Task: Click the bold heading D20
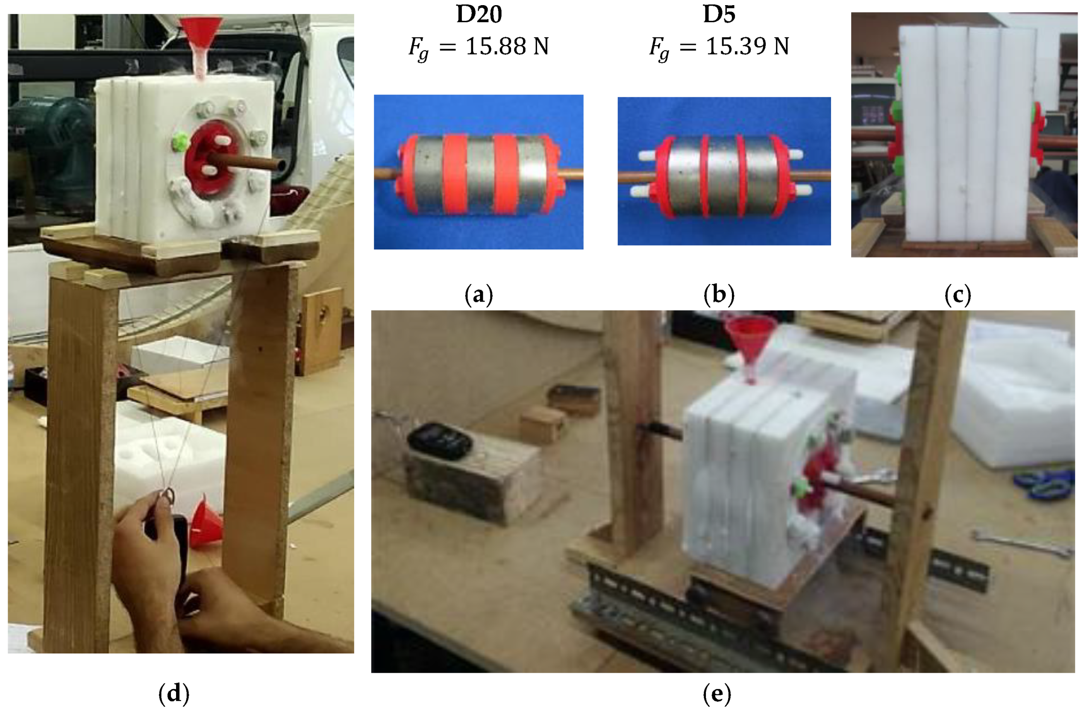coord(479,15)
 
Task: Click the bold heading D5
coord(719,15)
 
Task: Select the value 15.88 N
coord(507,47)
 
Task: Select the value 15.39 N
coord(747,47)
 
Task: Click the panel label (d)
coord(174,694)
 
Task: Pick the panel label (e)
coord(717,694)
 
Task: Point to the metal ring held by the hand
coord(168,495)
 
